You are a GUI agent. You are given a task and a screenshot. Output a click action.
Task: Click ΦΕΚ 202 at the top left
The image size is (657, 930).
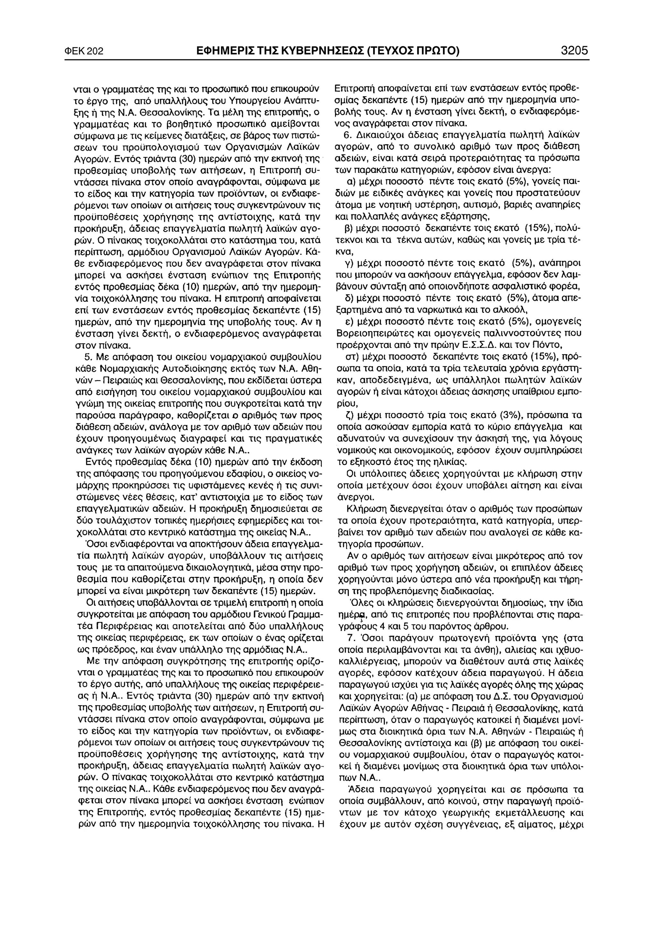point(84,52)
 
